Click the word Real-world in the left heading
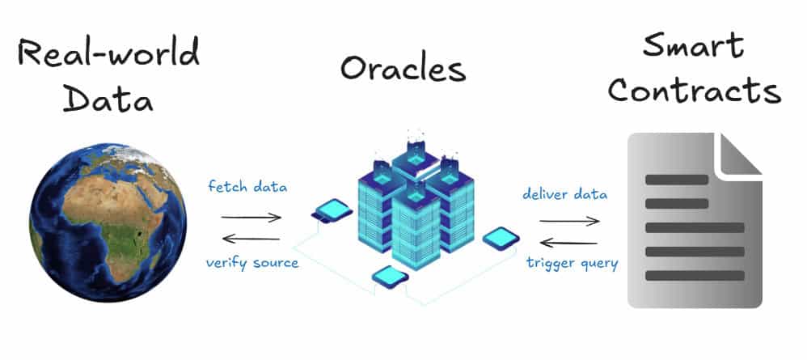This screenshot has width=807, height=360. tap(108, 55)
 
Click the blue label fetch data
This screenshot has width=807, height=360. tap(247, 187)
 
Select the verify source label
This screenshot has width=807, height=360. tap(251, 263)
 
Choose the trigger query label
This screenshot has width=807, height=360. tap(573, 263)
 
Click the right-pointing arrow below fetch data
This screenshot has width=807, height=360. tap(251, 217)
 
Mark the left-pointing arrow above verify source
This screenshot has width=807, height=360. tap(251, 238)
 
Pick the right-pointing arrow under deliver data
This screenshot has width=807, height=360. tap(569, 220)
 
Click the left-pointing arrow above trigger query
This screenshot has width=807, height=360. tap(569, 242)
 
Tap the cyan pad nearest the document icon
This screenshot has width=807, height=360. tap(501, 239)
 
